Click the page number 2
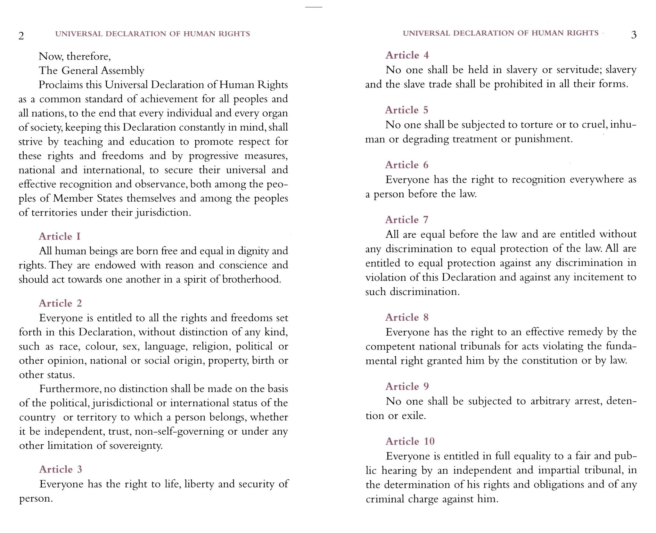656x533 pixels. tap(21, 36)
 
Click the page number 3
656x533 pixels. tap(633, 35)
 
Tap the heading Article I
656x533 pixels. tap(60, 236)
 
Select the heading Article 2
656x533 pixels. tap(61, 303)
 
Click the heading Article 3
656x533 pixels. tap(61, 469)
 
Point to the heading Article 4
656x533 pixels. tap(407, 55)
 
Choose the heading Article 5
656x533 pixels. tap(406, 110)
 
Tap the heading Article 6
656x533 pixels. tap(406, 165)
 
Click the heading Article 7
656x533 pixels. tap(406, 219)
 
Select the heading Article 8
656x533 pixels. tap(407, 317)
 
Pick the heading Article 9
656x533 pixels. tap(407, 386)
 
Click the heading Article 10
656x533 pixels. tap(410, 441)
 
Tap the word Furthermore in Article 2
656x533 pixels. tap(70, 389)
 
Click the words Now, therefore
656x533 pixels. tap(75, 56)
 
